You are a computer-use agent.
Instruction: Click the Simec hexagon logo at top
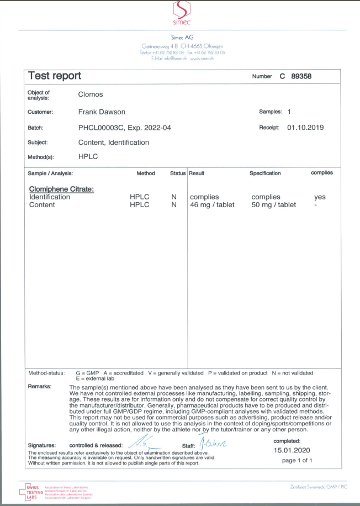point(181,9)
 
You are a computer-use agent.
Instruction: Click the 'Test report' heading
point(54,76)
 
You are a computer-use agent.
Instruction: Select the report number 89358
point(301,77)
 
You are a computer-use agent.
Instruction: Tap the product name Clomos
point(91,94)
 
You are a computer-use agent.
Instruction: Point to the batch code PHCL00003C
point(103,128)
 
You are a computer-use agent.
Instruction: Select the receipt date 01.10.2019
point(305,128)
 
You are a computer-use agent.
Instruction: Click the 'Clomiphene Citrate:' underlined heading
point(61,189)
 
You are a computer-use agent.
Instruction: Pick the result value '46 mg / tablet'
point(213,205)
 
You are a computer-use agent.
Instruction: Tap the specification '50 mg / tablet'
point(274,205)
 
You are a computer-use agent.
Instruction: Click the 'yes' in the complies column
point(320,197)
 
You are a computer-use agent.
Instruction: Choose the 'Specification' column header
point(265,173)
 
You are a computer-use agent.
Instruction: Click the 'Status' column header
point(178,173)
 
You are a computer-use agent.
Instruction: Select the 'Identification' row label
point(50,197)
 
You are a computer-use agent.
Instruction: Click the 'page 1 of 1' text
point(297,460)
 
